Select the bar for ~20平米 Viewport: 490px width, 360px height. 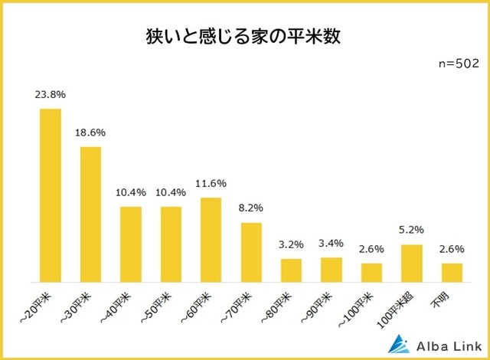51,195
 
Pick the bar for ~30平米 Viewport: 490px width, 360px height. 90,214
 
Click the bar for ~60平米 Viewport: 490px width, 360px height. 211,240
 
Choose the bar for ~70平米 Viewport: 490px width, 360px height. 251,252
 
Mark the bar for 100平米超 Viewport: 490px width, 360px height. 411,263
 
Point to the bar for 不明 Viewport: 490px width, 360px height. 452,272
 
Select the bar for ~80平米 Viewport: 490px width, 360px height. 291,270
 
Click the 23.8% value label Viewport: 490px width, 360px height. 51,95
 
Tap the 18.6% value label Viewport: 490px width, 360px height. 90,133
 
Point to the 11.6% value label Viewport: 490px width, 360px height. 211,184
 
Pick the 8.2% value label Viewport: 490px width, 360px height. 251,208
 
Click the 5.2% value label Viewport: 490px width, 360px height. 411,230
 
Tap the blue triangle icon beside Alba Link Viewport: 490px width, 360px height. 402,342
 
